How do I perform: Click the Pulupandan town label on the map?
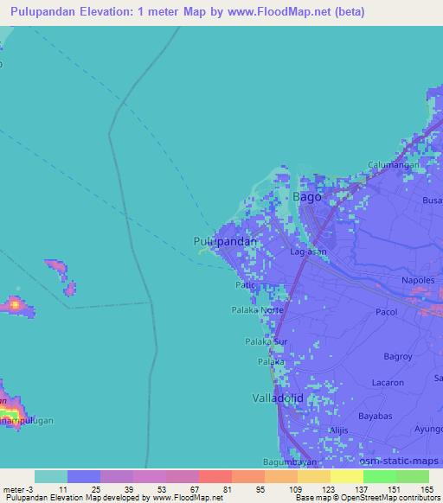tap(224, 242)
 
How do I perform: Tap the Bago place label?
tap(307, 197)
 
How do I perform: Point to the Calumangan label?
tap(394, 165)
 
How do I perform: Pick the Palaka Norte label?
tap(257, 309)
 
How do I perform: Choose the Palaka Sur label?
tap(265, 341)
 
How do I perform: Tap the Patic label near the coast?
tap(245, 283)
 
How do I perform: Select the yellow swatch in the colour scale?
tap(346, 476)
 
